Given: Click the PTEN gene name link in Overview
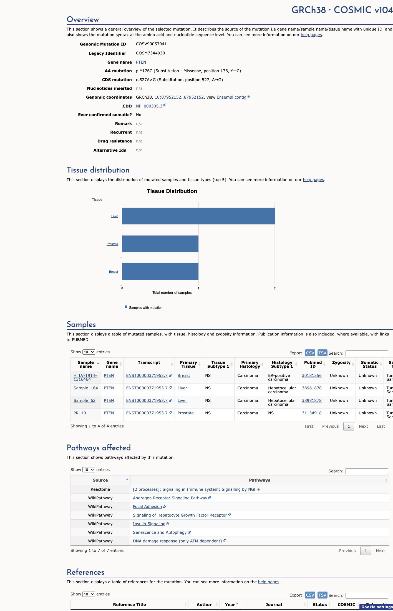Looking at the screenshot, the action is click(141, 62).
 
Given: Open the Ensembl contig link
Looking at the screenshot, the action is click(231, 97).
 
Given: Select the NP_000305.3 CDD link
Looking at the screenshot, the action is click(149, 106).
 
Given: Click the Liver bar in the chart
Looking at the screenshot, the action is click(198, 216).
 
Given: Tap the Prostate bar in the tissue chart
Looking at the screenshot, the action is click(160, 244).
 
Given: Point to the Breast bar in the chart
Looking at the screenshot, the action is click(160, 272).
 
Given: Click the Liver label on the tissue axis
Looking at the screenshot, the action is click(115, 216).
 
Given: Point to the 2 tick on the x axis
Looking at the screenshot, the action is click(275, 288).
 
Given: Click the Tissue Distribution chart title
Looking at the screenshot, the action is click(172, 191).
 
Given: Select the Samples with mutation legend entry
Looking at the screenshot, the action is click(144, 307).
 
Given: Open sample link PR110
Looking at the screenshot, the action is click(80, 413).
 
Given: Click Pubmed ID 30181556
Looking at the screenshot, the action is click(312, 375).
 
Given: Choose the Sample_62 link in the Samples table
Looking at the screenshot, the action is click(84, 400).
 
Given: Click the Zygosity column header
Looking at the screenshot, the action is click(341, 362).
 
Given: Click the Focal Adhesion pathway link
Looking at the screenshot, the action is click(147, 507).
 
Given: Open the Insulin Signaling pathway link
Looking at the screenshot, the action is click(149, 524).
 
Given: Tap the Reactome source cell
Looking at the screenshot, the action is click(100, 489).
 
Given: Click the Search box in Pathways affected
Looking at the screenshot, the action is click(367, 471).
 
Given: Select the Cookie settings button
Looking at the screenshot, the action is click(377, 607).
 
